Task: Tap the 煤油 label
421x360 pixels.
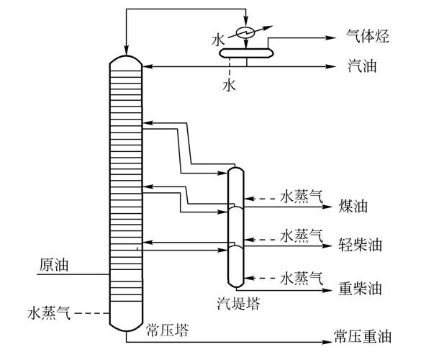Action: [x=353, y=206]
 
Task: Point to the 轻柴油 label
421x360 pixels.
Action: [x=360, y=244]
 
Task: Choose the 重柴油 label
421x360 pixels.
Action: [x=360, y=289]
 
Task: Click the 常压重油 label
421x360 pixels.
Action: [x=362, y=336]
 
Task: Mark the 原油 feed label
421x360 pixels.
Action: [x=52, y=265]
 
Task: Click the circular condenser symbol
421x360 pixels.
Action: [x=247, y=32]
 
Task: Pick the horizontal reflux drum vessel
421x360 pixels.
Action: [x=245, y=51]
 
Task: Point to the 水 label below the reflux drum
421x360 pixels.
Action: [x=228, y=85]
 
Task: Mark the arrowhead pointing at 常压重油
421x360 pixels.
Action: [x=326, y=336]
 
